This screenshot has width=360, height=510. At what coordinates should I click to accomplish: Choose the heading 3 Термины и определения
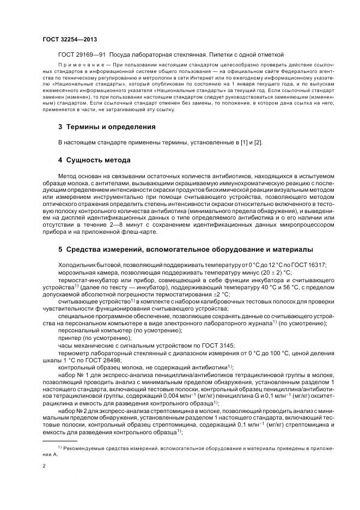(x=107, y=127)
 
